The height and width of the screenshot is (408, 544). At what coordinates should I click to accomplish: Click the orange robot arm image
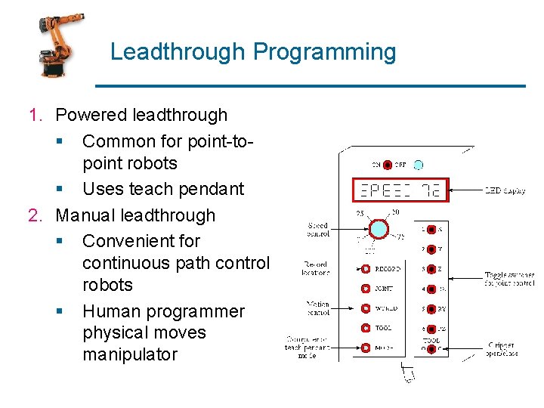click(60, 46)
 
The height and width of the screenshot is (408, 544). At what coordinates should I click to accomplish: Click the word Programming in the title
click(324, 52)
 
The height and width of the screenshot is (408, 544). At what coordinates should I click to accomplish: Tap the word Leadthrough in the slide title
click(178, 52)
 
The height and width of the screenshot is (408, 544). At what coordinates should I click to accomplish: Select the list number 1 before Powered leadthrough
click(36, 116)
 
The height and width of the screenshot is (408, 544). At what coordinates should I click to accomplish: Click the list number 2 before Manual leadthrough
click(36, 215)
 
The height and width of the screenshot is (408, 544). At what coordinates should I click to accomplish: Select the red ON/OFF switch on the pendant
click(387, 164)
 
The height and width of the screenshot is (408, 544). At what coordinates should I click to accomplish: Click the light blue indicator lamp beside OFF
click(419, 164)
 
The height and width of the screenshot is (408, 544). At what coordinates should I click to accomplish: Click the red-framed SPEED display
click(400, 190)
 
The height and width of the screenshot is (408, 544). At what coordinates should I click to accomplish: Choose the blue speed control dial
click(378, 229)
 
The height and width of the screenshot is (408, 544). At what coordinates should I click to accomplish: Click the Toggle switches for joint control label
click(509, 280)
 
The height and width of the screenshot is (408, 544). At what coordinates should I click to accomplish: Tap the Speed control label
click(318, 230)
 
